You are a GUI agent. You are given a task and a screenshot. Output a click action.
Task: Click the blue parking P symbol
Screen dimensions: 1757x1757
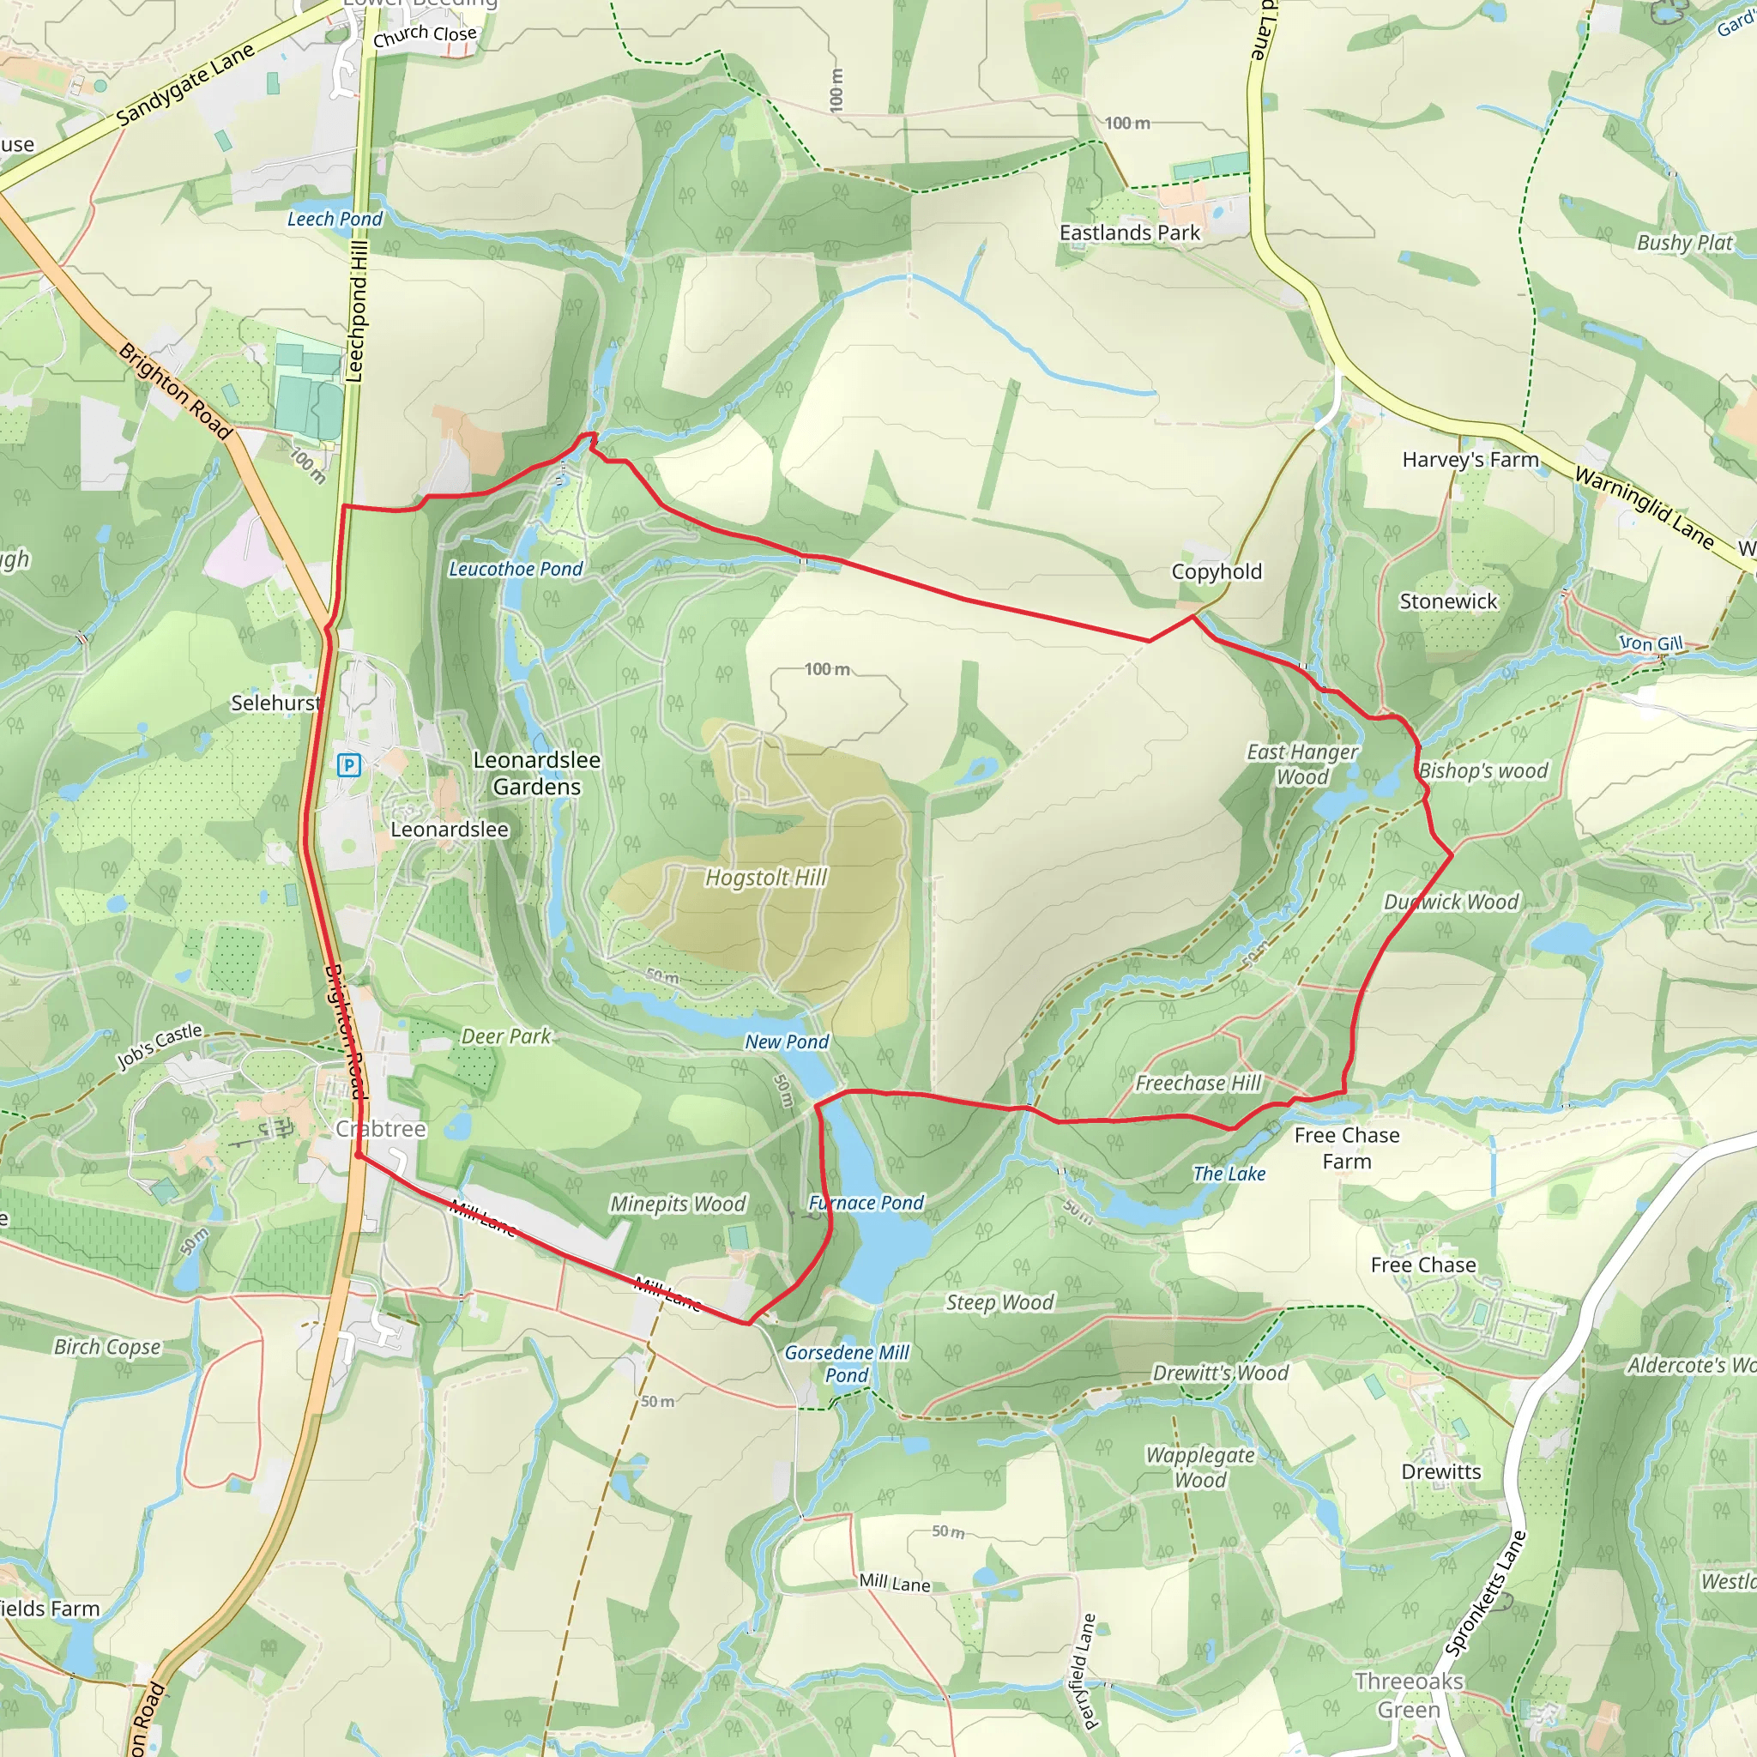coord(348,764)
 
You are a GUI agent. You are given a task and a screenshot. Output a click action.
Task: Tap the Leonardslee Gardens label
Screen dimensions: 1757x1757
coord(536,773)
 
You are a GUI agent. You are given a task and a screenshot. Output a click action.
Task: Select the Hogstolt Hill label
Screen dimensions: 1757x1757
coord(766,878)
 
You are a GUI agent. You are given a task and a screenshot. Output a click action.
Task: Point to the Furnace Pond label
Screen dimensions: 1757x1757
coord(866,1203)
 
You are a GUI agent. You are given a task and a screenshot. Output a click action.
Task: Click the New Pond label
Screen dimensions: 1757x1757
coord(787,1042)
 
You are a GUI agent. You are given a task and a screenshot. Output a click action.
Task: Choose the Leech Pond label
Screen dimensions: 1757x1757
coord(335,219)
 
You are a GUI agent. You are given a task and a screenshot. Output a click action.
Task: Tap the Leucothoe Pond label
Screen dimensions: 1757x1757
coord(516,570)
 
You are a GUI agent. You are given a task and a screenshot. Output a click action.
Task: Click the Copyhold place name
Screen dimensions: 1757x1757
coord(1216,572)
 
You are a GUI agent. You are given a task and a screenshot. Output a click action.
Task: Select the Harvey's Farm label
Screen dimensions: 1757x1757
coord(1470,460)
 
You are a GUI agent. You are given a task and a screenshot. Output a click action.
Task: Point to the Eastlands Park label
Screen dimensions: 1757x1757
coord(1130,233)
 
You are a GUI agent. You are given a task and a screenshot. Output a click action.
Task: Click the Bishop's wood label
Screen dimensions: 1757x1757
coord(1483,771)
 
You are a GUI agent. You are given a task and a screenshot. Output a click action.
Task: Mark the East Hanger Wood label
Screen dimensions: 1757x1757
coord(1302,764)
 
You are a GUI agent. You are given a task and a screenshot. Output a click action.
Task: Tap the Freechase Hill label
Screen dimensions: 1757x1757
coord(1198,1084)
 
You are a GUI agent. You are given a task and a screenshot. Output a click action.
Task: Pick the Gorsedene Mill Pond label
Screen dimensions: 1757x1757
coord(847,1364)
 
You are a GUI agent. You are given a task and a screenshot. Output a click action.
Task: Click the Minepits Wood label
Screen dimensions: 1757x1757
coord(678,1204)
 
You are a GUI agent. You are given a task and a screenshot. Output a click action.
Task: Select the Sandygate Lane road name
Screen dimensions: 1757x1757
coord(185,85)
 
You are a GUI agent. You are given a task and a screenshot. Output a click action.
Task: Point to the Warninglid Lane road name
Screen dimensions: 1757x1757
coord(1645,508)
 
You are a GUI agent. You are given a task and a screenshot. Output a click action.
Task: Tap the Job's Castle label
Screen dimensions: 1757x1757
coord(160,1046)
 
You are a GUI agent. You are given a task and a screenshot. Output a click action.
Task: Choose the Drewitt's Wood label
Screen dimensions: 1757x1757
coord(1221,1374)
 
